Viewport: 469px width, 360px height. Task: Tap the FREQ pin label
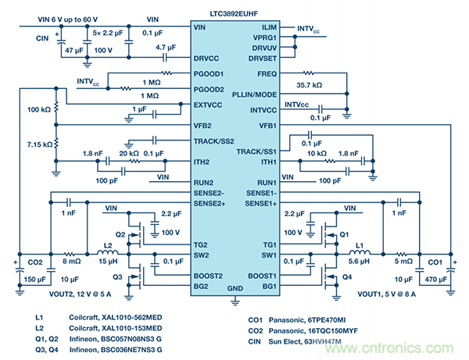point(267,74)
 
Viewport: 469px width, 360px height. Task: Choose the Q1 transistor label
point(343,233)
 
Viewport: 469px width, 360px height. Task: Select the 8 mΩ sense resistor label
point(70,262)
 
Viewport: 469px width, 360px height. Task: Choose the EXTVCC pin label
point(209,104)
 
